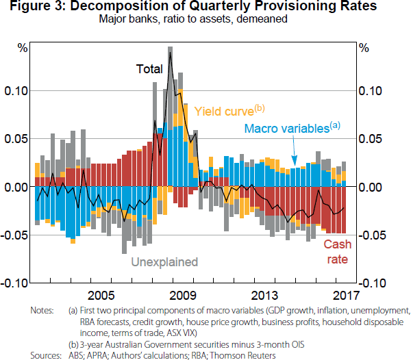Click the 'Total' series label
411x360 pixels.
coord(149,69)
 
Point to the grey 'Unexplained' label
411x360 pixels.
coord(164,261)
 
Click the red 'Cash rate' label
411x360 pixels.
coord(337,252)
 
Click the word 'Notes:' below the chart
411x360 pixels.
coord(42,310)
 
